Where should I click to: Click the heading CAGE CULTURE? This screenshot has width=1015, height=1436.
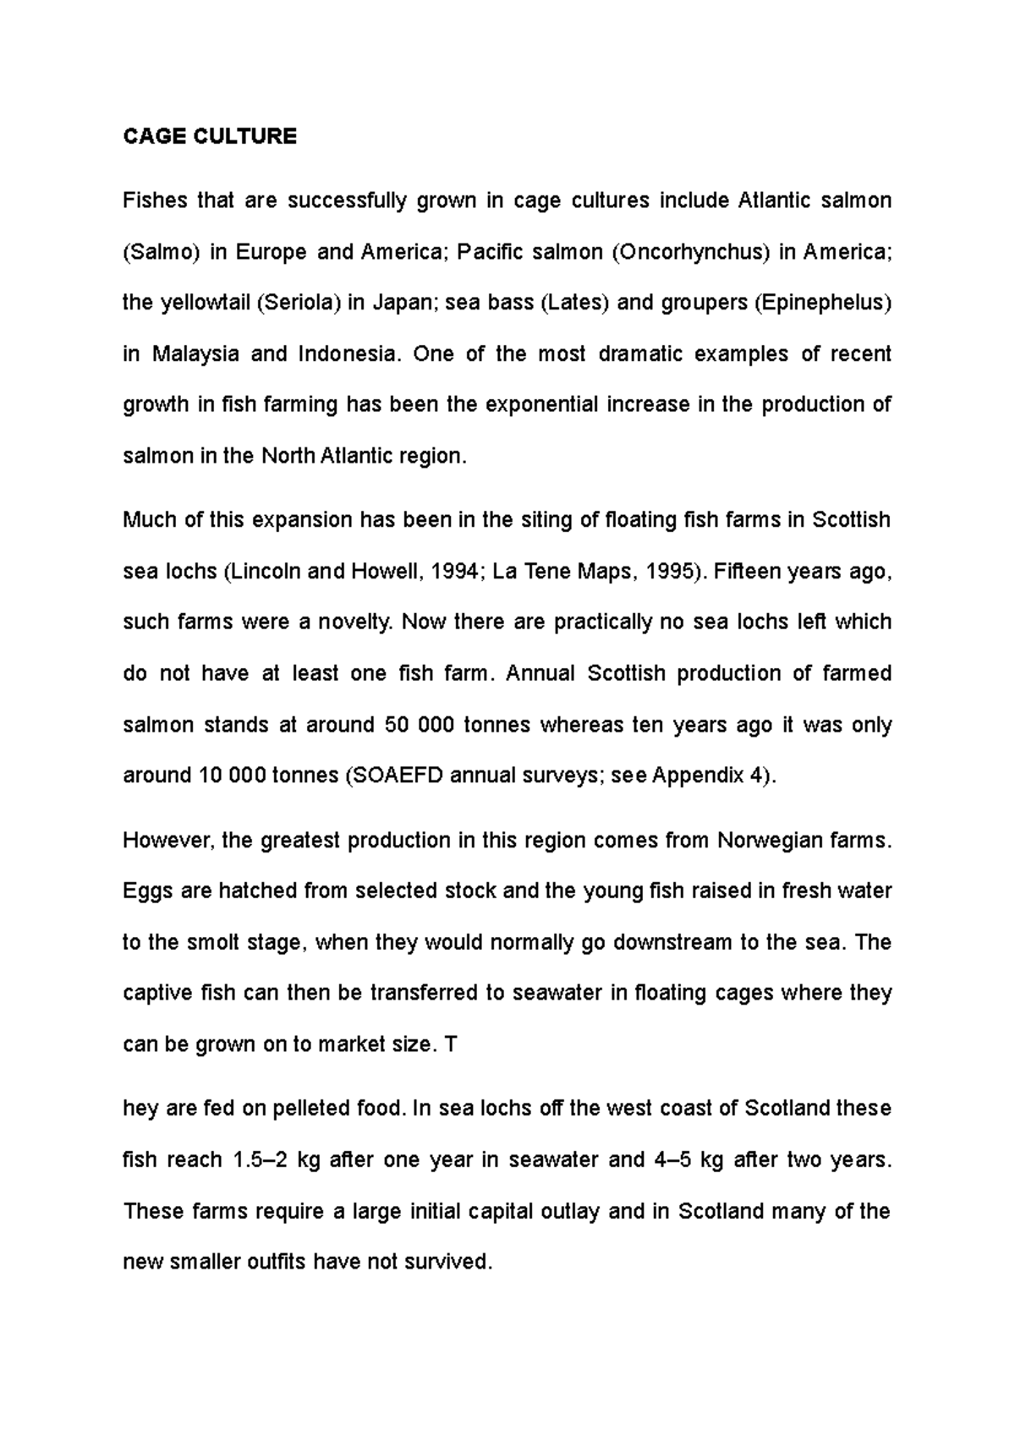tap(210, 137)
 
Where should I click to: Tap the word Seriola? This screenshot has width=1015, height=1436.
tap(297, 303)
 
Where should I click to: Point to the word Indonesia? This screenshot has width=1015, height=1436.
tap(347, 354)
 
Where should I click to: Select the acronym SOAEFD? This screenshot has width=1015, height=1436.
tap(395, 776)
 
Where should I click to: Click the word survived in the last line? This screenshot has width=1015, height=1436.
tap(448, 1262)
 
